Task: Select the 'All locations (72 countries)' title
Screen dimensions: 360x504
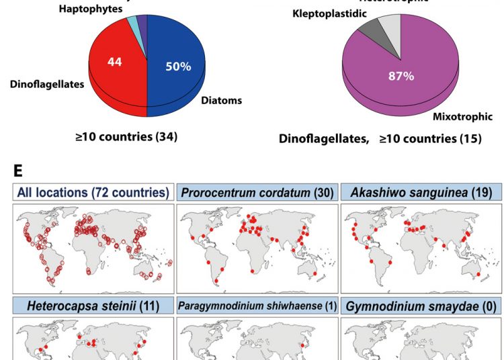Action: click(x=93, y=193)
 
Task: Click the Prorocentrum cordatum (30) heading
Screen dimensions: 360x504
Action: click(x=257, y=193)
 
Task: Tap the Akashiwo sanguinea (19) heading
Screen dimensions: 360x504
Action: click(x=421, y=193)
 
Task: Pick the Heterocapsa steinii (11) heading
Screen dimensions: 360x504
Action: click(x=93, y=307)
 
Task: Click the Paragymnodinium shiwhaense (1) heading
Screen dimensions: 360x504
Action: click(x=257, y=307)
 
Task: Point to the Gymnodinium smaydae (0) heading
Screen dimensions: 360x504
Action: click(x=421, y=307)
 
